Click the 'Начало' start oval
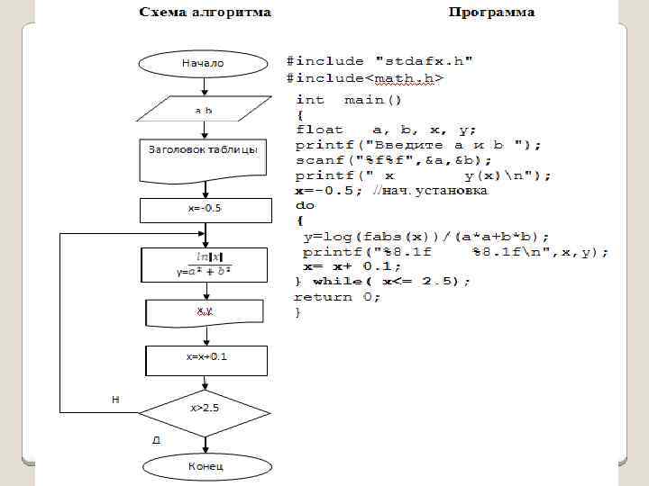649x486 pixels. pyautogui.click(x=204, y=64)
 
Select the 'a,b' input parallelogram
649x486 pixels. pyautogui.click(x=204, y=110)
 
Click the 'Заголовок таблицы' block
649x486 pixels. pyautogui.click(x=204, y=151)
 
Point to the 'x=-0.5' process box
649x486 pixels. pyautogui.click(x=204, y=209)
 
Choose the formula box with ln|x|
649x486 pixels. pyautogui.click(x=204, y=265)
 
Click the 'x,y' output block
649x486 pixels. pyautogui.click(x=204, y=311)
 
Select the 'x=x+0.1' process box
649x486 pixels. pyautogui.click(x=204, y=357)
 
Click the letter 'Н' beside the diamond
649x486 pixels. pyautogui.click(x=116, y=399)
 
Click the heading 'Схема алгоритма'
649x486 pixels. pyautogui.click(x=204, y=13)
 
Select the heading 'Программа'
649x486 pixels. pyautogui.click(x=491, y=13)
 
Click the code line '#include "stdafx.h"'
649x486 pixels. pyautogui.click(x=381, y=61)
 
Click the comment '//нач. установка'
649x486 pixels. pyautogui.click(x=435, y=191)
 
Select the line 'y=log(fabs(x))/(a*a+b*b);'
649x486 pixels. pyautogui.click(x=426, y=237)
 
